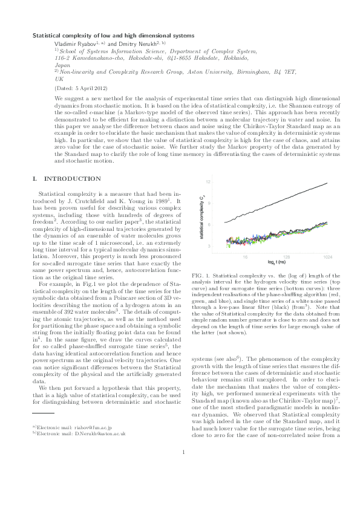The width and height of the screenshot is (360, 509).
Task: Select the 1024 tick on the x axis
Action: tap(327, 256)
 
